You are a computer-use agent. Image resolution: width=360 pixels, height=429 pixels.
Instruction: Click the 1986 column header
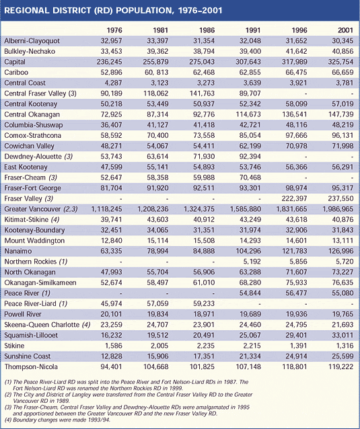[207, 30]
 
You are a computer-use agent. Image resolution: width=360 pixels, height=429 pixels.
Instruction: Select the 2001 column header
[345, 30]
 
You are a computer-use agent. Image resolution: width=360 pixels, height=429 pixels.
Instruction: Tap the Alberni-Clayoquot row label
[32, 41]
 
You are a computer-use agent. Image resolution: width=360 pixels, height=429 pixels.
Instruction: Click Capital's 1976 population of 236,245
[109, 62]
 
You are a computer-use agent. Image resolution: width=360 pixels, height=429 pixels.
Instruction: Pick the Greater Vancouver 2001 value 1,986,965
[338, 209]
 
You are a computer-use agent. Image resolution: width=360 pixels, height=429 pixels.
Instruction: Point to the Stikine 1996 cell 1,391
[298, 346]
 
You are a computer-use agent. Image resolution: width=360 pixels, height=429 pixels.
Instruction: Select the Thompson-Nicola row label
[31, 366]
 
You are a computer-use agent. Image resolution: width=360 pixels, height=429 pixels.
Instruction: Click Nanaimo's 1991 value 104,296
[248, 251]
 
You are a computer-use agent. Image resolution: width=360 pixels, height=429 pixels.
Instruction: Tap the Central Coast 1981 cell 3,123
[159, 83]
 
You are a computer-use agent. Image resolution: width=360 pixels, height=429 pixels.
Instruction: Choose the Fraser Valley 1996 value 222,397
[295, 198]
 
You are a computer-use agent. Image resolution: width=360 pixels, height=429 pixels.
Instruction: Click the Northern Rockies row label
[36, 262]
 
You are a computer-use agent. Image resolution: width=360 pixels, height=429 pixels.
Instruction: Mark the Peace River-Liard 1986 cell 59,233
[204, 304]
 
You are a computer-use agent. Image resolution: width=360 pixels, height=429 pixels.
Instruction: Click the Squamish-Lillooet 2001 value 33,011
[343, 335]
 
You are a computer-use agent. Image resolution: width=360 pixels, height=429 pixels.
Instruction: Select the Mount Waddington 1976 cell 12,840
[112, 241]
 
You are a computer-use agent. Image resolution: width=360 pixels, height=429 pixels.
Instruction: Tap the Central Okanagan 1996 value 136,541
[295, 114]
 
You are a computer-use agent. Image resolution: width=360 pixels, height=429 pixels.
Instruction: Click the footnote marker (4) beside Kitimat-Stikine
[55, 220]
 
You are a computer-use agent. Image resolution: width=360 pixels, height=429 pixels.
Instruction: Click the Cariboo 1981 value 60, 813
[157, 73]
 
